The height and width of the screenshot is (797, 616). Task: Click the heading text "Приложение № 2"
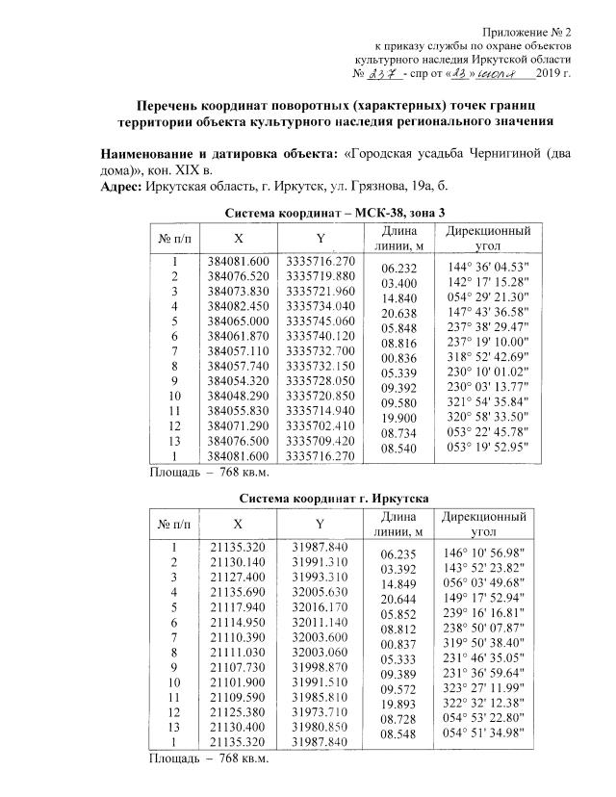528,32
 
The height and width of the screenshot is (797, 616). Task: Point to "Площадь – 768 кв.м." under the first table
208,473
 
